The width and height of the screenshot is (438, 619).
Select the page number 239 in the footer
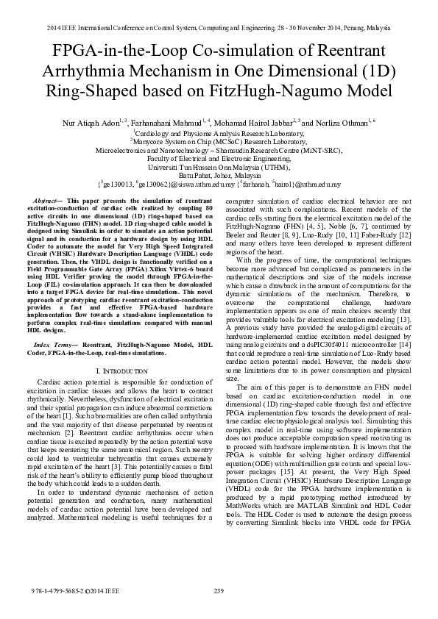coord(219,592)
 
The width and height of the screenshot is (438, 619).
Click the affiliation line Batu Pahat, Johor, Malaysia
coord(218,176)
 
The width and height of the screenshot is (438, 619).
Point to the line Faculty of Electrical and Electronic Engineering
coord(218,158)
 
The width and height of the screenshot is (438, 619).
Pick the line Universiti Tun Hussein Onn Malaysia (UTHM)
coord(218,167)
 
